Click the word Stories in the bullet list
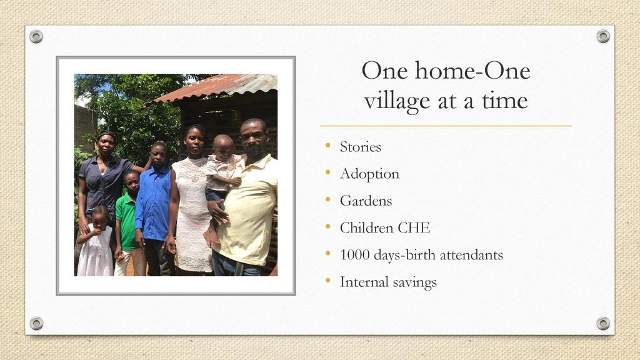[x=361, y=147]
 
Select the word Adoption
[x=370, y=174]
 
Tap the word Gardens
[x=366, y=201]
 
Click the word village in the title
[x=397, y=101]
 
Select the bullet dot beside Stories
[x=327, y=145]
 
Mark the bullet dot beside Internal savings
[x=327, y=280]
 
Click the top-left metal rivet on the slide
[x=36, y=36]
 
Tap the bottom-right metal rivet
[x=603, y=323]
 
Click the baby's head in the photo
[x=224, y=146]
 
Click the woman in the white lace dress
[x=192, y=200]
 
